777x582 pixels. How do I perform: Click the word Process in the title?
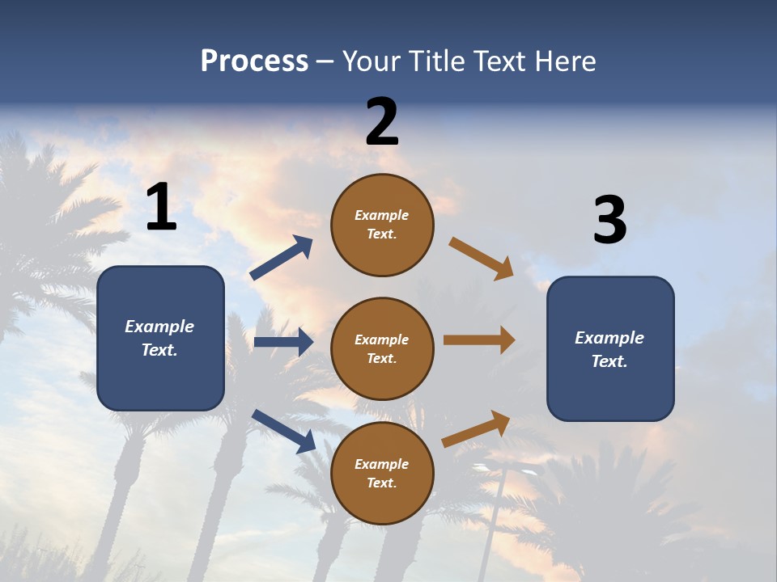pyautogui.click(x=254, y=61)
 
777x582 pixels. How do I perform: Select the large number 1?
pyautogui.click(x=161, y=207)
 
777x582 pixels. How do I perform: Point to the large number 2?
pyautogui.click(x=382, y=122)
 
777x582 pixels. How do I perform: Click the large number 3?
pyautogui.click(x=609, y=221)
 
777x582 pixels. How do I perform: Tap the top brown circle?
pyautogui.click(x=382, y=225)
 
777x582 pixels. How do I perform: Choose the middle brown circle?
pyautogui.click(x=382, y=348)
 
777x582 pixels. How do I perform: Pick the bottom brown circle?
pyautogui.click(x=382, y=473)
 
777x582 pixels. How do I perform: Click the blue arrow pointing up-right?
pyautogui.click(x=282, y=258)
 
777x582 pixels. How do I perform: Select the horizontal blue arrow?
pyautogui.click(x=283, y=342)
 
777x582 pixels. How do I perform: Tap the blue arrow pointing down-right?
pyautogui.click(x=283, y=431)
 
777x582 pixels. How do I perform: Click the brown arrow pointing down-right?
pyautogui.click(x=482, y=258)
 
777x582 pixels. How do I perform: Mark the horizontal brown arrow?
pyautogui.click(x=479, y=340)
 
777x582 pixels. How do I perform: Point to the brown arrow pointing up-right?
pyautogui.click(x=476, y=429)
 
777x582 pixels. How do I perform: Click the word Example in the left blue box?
pyautogui.click(x=159, y=327)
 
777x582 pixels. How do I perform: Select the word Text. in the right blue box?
pyautogui.click(x=609, y=361)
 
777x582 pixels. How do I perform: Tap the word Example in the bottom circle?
pyautogui.click(x=382, y=464)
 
